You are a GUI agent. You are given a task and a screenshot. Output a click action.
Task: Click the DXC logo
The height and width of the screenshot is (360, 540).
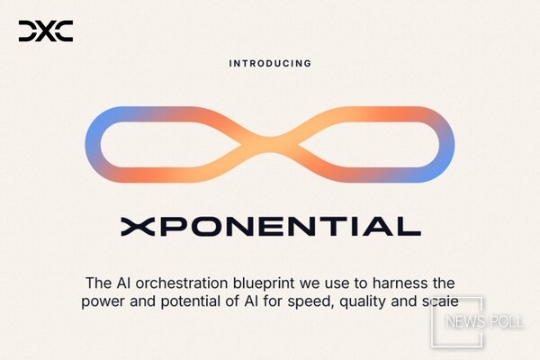(45, 31)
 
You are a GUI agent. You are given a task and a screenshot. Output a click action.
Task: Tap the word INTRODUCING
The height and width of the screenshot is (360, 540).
(270, 64)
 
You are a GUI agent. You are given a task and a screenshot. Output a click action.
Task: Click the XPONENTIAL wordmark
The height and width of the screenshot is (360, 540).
(270, 225)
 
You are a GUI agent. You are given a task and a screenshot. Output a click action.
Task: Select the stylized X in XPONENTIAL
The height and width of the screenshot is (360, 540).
(134, 225)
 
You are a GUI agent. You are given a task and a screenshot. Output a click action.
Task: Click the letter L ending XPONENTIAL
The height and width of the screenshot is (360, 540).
(409, 225)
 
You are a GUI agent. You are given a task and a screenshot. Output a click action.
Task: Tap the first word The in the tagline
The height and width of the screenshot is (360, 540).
(96, 283)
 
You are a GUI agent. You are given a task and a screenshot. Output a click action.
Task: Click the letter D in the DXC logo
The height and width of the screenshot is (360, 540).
(27, 31)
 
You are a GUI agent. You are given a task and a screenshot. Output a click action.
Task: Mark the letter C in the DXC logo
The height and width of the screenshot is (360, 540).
(64, 31)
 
